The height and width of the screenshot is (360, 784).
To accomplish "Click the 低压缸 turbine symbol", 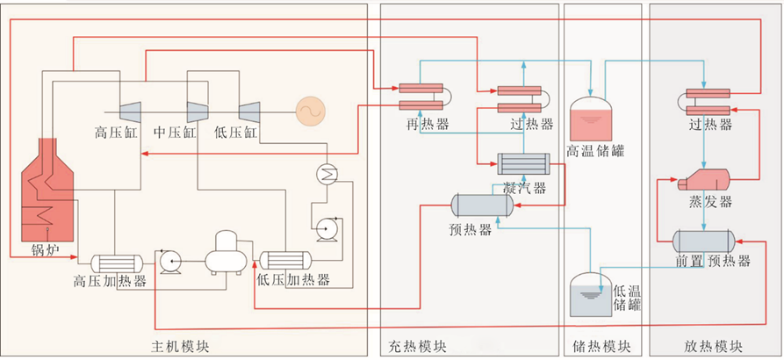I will pyautogui.click(x=248, y=111).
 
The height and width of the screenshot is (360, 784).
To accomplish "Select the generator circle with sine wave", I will pyautogui.click(x=309, y=110).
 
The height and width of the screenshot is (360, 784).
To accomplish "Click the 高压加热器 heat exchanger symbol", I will pyautogui.click(x=117, y=262).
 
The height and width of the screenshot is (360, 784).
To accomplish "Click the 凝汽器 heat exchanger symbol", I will pyautogui.click(x=522, y=163).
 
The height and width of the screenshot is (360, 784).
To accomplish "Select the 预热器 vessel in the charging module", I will pyautogui.click(x=482, y=205).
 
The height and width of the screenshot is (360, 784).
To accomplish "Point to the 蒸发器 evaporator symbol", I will pyautogui.click(x=706, y=181).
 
